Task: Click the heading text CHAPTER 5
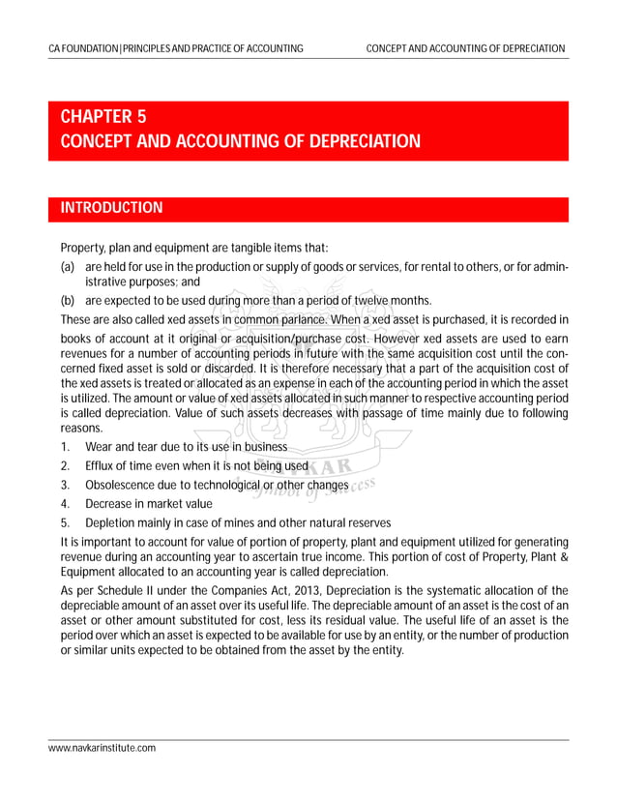pyautogui.click(x=103, y=117)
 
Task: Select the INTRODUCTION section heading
pyautogui.click(x=111, y=208)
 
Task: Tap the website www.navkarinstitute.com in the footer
pyautogui.click(x=103, y=748)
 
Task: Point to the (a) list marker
pyautogui.click(x=68, y=266)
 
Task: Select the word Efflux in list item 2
pyautogui.click(x=102, y=465)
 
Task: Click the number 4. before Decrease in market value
pyautogui.click(x=65, y=503)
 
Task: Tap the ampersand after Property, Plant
pyautogui.click(x=562, y=556)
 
